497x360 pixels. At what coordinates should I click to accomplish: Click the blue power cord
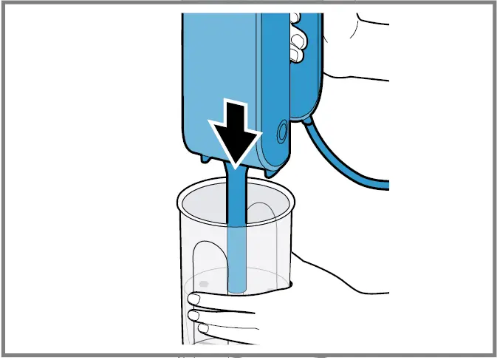347,167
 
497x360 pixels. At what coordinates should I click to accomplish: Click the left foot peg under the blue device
203,157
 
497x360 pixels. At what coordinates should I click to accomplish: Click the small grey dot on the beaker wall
204,283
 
